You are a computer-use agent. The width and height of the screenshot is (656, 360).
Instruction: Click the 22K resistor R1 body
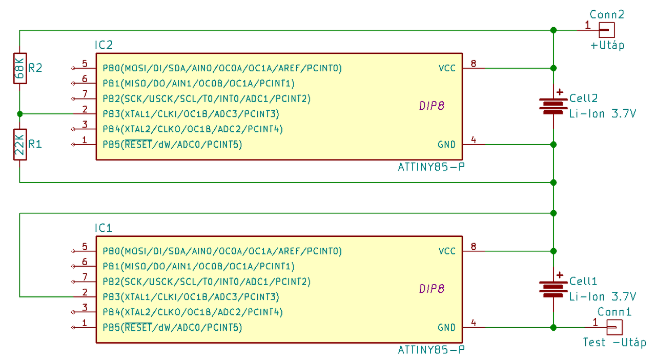tap(19, 144)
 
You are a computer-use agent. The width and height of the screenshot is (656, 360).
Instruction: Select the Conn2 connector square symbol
tap(607, 30)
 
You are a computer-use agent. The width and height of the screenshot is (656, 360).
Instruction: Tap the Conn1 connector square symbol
tap(614, 327)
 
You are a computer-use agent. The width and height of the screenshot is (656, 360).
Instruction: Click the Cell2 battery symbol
tap(553, 106)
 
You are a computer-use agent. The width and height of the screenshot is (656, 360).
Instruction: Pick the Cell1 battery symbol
tap(553, 289)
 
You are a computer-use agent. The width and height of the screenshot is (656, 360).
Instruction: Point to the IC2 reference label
tap(104, 45)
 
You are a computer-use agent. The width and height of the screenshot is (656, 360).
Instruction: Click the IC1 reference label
tap(104, 228)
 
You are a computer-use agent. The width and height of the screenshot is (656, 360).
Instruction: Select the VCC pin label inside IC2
tap(447, 68)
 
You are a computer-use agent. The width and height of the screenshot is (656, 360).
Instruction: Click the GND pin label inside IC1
tap(446, 327)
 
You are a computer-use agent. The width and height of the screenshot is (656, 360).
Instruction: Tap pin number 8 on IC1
tap(474, 247)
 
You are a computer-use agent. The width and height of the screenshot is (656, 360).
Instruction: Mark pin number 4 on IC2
tap(474, 139)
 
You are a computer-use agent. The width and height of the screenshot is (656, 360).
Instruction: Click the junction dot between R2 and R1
tap(19, 114)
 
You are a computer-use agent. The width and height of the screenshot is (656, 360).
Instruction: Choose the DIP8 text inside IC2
tap(431, 106)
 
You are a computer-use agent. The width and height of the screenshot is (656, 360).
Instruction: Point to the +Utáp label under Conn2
tap(607, 45)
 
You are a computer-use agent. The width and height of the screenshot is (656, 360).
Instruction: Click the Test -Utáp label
tap(614, 342)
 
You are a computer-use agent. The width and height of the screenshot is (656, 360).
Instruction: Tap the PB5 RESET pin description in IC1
tap(172, 327)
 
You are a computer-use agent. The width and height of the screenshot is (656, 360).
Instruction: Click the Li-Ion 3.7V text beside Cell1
tap(603, 296)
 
